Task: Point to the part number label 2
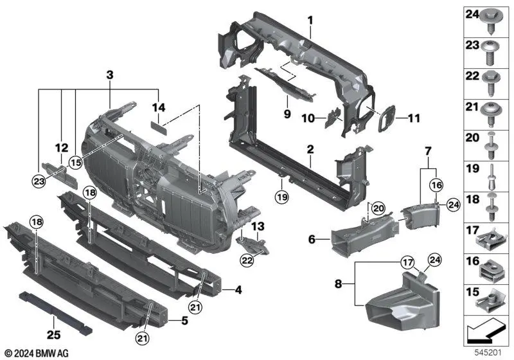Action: (x=310, y=149)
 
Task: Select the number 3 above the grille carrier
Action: (x=110, y=76)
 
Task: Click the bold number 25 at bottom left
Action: (x=52, y=334)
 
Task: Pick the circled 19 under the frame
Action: (x=281, y=195)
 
